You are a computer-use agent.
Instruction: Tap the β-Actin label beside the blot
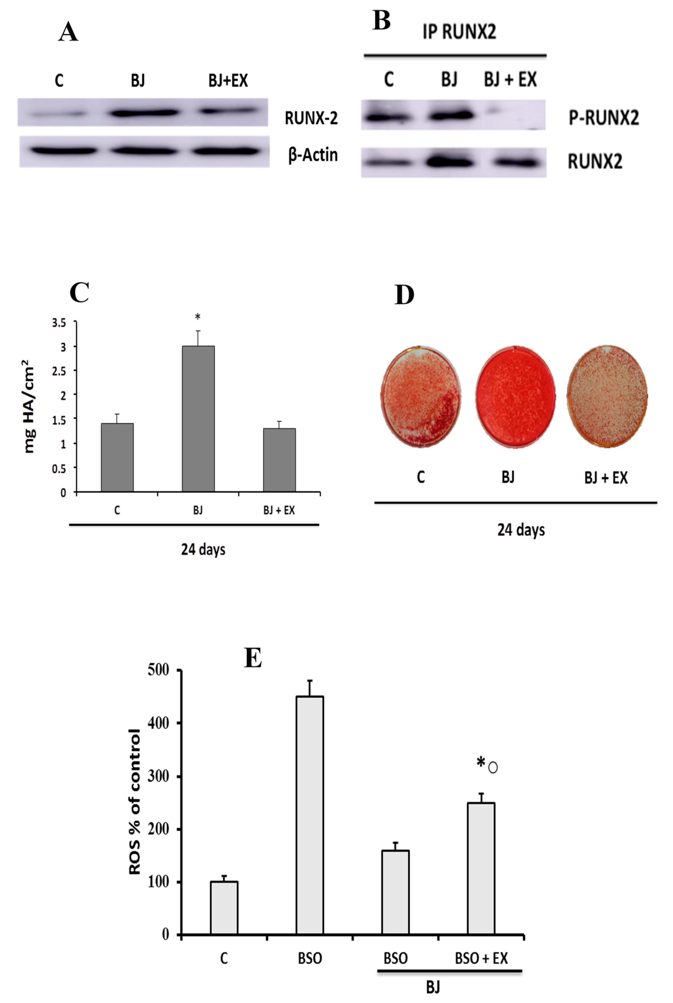313,155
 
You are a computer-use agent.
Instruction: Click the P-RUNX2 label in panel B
603,118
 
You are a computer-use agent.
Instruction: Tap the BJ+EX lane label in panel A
228,80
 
